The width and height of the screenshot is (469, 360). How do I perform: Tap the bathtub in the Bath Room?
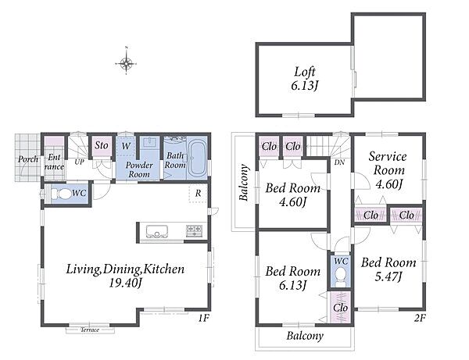click(198, 159)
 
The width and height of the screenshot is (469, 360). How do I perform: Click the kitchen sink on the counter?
click(157, 231)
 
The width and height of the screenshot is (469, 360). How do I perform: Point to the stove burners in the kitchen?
click(195, 230)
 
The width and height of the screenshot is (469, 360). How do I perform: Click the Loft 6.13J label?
click(305, 79)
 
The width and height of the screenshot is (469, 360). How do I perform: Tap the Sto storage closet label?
click(102, 145)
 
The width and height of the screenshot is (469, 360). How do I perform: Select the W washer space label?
click(126, 146)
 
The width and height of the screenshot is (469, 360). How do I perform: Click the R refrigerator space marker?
click(198, 194)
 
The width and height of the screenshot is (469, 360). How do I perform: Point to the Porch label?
click(28, 159)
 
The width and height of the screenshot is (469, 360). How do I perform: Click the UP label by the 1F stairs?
click(79, 162)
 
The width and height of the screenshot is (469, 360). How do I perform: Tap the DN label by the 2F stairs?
click(339, 162)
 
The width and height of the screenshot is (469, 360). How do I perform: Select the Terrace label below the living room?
click(90, 330)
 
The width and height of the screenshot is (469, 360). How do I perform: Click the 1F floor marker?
click(203, 318)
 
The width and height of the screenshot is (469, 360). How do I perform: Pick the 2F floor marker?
click(419, 318)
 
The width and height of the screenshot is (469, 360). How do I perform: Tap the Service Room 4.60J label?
click(388, 170)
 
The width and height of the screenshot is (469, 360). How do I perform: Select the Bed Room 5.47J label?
click(388, 269)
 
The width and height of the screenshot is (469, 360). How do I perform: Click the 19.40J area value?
click(125, 283)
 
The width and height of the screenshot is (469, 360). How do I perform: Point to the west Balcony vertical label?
click(245, 183)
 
